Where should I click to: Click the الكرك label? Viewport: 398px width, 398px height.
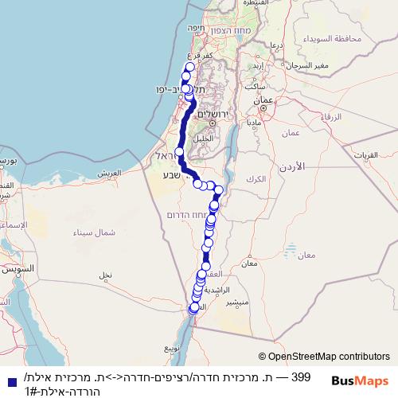pos(256,180)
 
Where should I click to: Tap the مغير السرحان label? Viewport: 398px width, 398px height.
pos(304,64)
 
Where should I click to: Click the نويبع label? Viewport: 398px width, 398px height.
pos(173,348)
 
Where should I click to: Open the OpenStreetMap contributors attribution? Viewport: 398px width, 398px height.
pos(325,357)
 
